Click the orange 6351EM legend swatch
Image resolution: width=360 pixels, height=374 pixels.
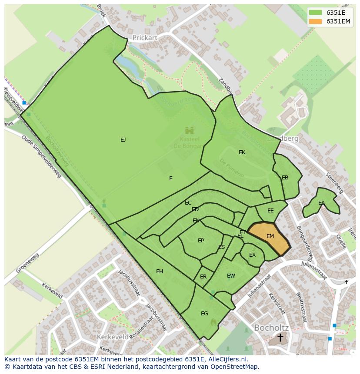pyautogui.click(x=316, y=21)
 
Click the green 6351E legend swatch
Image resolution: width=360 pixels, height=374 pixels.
pyautogui.click(x=316, y=12)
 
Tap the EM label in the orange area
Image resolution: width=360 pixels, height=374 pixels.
pyautogui.click(x=270, y=236)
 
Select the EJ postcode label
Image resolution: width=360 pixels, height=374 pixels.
pyautogui.click(x=123, y=140)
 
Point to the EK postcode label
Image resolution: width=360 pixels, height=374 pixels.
pyautogui.click(x=242, y=152)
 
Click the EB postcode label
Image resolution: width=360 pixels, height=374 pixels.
pyautogui.click(x=285, y=178)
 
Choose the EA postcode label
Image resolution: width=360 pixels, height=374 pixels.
pyautogui.click(x=321, y=203)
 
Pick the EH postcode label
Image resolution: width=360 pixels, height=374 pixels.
pyautogui.click(x=160, y=271)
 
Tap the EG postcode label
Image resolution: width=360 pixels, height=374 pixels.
pyautogui.click(x=204, y=314)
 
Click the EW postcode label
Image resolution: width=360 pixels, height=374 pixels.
pyautogui.click(x=231, y=276)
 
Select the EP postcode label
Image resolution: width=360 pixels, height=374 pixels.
pyautogui.click(x=201, y=241)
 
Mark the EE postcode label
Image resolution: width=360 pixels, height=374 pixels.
pyautogui.click(x=270, y=211)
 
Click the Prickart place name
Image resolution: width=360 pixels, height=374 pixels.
pyautogui.click(x=145, y=38)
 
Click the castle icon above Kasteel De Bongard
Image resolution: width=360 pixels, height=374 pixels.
pyautogui.click(x=189, y=130)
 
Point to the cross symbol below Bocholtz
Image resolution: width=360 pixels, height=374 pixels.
pyautogui.click(x=280, y=338)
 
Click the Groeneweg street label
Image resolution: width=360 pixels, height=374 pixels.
pyautogui.click(x=27, y=263)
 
